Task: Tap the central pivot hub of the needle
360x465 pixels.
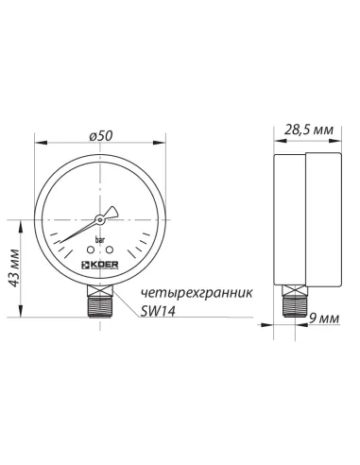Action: tap(99, 220)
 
